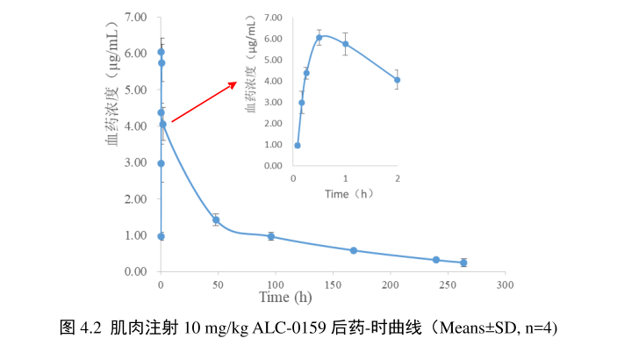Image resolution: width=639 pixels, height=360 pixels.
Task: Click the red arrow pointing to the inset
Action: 204,102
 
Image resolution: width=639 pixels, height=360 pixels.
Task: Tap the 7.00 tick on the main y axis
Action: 134,17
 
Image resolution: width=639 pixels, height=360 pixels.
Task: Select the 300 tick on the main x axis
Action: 504,285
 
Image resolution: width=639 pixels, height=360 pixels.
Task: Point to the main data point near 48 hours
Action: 216,220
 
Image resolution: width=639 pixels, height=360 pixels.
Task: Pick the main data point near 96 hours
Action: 271,236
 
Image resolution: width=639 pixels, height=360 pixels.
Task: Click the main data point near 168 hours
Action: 354,250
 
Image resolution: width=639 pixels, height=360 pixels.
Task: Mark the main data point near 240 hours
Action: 436,260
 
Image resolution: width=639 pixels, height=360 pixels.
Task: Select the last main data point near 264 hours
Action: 463,263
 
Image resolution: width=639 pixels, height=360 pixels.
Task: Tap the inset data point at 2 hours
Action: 397,80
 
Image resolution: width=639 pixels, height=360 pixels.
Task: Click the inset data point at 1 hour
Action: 345,44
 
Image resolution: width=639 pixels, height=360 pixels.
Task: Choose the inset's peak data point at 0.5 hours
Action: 319,37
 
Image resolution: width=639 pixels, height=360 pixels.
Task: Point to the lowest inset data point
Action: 298,146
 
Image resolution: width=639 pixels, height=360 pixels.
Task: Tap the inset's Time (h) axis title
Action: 345,193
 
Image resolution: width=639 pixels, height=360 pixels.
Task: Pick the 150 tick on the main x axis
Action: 332,285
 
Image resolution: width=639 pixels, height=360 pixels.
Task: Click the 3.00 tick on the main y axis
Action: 134,162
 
